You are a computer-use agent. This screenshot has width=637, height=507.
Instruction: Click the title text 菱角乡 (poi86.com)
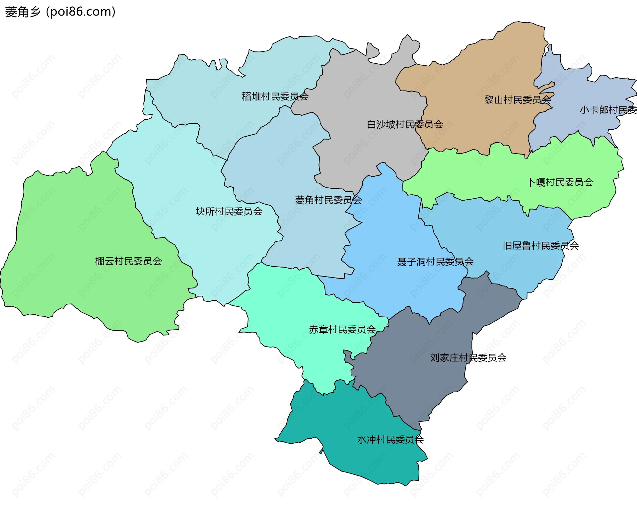(60, 12)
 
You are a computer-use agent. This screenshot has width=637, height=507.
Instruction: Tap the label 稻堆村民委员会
(275, 96)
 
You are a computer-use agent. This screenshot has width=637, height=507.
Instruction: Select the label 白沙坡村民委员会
(405, 124)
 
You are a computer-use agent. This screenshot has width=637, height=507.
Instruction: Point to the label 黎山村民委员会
(518, 99)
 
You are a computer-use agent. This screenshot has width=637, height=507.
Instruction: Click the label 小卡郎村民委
(608, 110)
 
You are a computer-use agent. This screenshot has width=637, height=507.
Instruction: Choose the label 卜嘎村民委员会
(561, 182)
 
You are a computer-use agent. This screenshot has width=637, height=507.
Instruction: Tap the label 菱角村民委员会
(328, 200)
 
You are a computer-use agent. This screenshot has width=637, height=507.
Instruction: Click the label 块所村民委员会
(229, 211)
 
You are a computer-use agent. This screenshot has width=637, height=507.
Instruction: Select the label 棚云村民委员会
(128, 261)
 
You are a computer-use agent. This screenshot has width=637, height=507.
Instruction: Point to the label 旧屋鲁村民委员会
(541, 246)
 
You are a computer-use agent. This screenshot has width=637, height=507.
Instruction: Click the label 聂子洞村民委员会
(435, 262)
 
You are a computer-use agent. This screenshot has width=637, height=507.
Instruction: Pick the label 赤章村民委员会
(342, 329)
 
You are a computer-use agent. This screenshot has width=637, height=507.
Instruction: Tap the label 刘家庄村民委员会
(468, 357)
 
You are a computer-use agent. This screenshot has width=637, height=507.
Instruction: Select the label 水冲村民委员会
(390, 439)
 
